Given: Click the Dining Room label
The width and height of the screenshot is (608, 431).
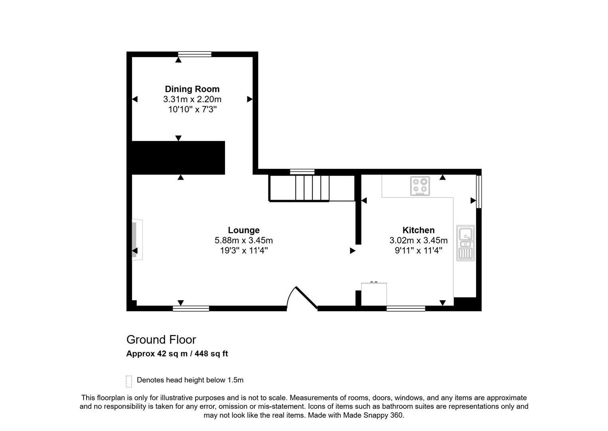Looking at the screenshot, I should coord(192,89).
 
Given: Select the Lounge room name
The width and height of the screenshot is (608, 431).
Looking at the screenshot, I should coord(243,230).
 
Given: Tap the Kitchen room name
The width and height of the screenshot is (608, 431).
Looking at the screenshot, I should coord(418,230).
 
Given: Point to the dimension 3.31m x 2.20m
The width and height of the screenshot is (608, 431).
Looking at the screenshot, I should coord(192,99).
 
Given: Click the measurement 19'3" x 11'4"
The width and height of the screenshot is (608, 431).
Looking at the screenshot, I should coord(243,251).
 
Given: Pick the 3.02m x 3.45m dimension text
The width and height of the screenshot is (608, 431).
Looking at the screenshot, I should coord(418,241).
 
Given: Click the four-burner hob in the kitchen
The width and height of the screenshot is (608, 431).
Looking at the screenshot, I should coord(420,186).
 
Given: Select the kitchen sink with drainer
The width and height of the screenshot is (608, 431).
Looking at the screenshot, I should coord(466,243).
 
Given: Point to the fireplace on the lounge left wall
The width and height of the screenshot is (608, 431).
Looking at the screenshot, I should coord(136,240).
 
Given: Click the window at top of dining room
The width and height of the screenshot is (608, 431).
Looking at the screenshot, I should coord(194,54).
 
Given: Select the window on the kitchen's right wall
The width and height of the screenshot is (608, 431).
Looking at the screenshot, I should coord(479,192).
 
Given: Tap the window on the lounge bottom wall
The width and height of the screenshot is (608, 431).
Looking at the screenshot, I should coord(191,308).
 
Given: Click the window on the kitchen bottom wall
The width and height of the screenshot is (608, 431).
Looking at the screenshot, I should coord(406,308).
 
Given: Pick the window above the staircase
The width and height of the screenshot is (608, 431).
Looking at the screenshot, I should coord(302,172).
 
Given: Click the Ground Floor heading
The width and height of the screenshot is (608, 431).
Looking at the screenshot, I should coord(161,340).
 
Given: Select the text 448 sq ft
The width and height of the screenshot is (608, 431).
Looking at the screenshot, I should coord(211,354).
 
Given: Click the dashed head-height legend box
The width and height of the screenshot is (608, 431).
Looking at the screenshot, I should coord(129,381).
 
